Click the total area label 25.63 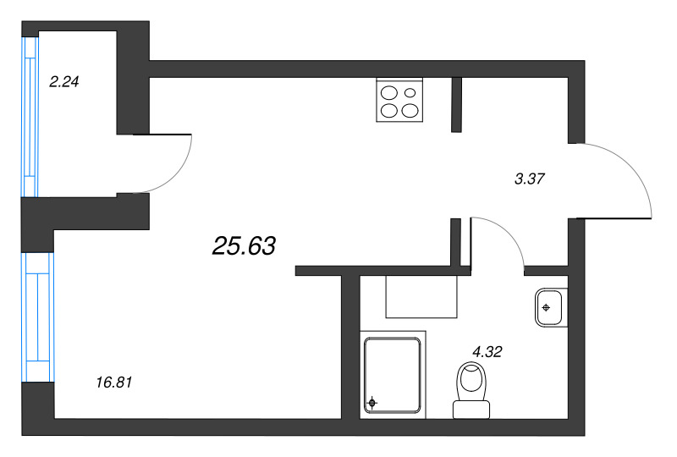[x=244, y=245]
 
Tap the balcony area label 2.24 [x=64, y=81]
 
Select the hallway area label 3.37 [x=530, y=179]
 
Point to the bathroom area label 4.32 [x=487, y=351]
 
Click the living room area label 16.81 [x=114, y=383]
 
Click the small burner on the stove [x=410, y=92]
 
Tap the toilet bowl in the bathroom [x=471, y=381]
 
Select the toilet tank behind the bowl [x=471, y=410]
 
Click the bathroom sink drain [x=546, y=307]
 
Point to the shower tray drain [x=372, y=403]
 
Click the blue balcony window [x=30, y=117]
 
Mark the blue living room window [x=38, y=317]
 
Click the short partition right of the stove [x=456, y=105]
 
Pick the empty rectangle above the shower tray [x=421, y=297]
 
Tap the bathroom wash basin [x=549, y=307]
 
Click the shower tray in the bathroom [x=393, y=375]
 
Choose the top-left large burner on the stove [x=388, y=93]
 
